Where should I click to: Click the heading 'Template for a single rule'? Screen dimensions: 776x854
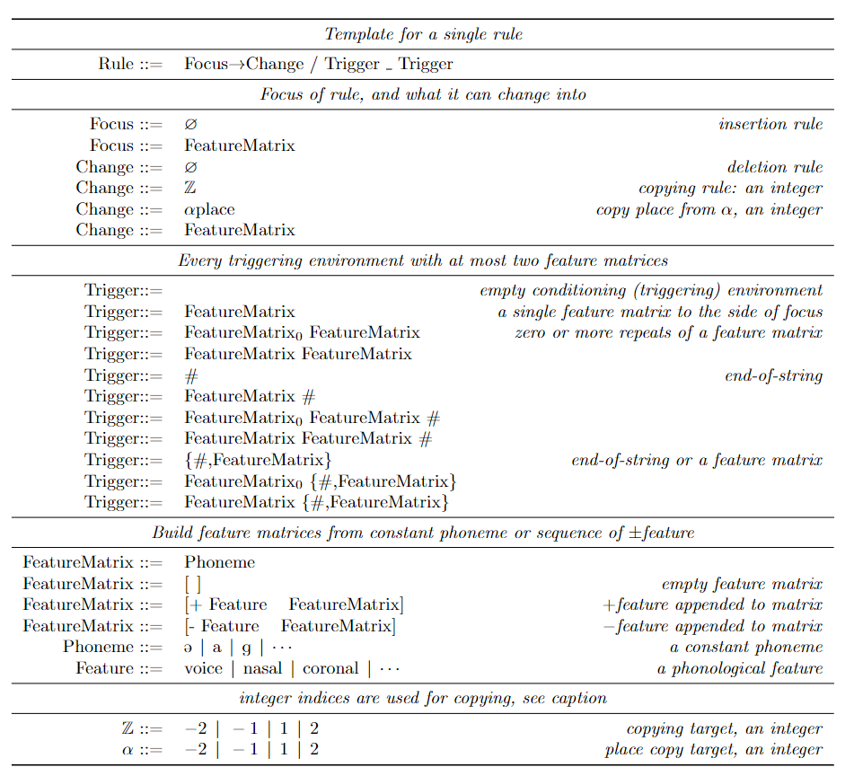[423, 35]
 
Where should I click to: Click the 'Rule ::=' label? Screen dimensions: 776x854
[130, 64]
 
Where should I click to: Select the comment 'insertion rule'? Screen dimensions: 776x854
[770, 124]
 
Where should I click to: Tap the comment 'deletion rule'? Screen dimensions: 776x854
[774, 167]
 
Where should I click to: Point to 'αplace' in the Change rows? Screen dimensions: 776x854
[209, 209]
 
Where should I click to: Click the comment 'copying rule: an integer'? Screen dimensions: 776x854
[730, 188]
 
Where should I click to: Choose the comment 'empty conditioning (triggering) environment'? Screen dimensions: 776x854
[651, 290]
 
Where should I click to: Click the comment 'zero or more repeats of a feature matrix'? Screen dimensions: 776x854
[668, 332]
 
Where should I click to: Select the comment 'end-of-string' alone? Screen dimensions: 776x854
[773, 375]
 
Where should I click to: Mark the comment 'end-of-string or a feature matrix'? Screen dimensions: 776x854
[696, 460]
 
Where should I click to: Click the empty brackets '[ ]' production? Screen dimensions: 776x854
[192, 584]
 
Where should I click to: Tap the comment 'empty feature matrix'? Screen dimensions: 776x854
[742, 584]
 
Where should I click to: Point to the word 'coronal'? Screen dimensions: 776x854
[330, 668]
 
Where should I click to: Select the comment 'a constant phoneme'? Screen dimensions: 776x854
[745, 647]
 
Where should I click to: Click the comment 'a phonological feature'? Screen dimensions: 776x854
[740, 668]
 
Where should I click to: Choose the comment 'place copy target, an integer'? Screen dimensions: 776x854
[714, 749]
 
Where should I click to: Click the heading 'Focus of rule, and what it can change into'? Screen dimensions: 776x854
[423, 94]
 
